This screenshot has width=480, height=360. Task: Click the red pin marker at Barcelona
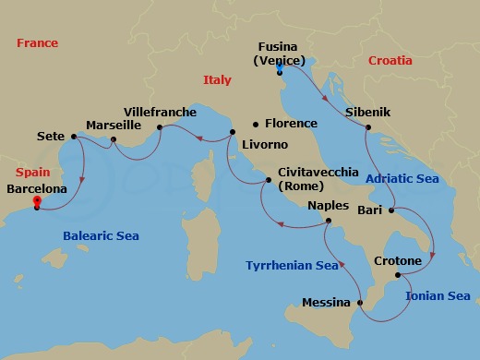click(x=36, y=200)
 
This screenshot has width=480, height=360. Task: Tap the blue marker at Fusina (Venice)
click(x=279, y=67)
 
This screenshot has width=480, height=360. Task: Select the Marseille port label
click(x=113, y=124)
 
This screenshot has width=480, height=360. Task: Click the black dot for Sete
click(x=73, y=137)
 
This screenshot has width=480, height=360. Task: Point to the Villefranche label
click(x=160, y=112)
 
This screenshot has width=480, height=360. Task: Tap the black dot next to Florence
click(x=256, y=124)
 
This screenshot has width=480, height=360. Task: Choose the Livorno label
click(x=264, y=145)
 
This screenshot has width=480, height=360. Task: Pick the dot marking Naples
click(x=329, y=222)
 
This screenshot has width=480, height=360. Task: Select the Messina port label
click(x=326, y=302)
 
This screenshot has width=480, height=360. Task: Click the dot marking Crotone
click(x=398, y=275)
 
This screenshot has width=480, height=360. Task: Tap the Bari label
click(x=369, y=210)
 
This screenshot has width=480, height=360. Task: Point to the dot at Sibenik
click(x=367, y=126)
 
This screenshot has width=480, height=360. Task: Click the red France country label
click(x=37, y=43)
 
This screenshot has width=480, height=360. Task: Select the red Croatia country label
click(x=390, y=60)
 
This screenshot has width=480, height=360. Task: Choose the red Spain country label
click(x=33, y=173)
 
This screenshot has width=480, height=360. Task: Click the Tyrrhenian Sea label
click(x=292, y=266)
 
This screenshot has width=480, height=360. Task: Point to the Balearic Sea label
click(x=101, y=236)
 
